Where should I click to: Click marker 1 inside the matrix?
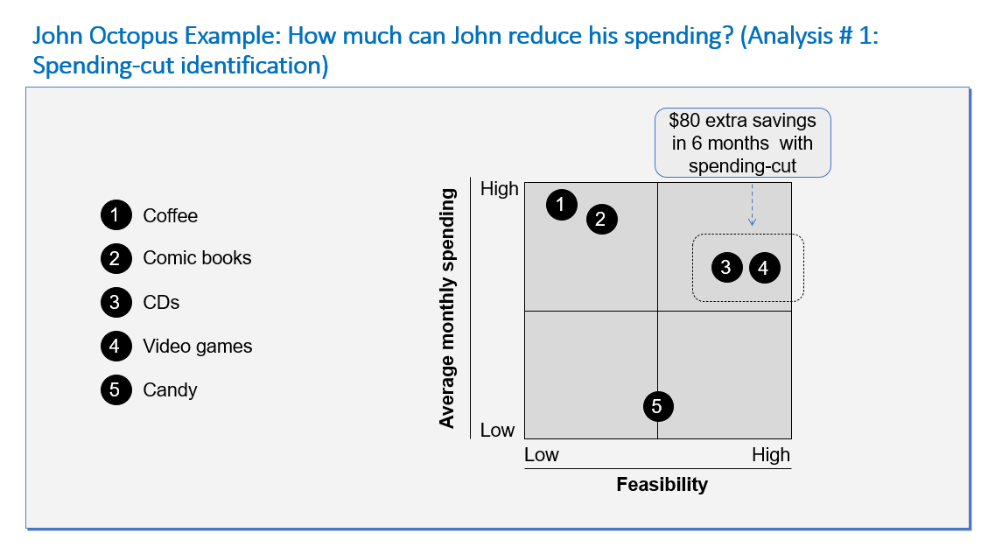561,204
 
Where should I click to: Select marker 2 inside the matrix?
601,220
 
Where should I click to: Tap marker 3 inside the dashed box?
726,268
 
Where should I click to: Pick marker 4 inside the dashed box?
765,268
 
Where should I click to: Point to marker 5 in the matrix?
658,406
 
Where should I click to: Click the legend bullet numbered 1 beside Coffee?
116,215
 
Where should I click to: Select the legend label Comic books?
197,257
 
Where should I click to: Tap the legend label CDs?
161,302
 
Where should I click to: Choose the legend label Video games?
198,346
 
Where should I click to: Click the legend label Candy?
170,389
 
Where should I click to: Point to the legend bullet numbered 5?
116,389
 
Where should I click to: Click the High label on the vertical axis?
500,188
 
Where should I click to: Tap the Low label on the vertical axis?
497,431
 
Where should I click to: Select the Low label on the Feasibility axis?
542,454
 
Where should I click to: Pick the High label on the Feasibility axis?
771,454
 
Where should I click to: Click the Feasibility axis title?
662,484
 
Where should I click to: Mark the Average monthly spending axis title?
447,308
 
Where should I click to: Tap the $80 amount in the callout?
684,120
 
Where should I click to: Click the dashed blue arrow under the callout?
752,205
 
